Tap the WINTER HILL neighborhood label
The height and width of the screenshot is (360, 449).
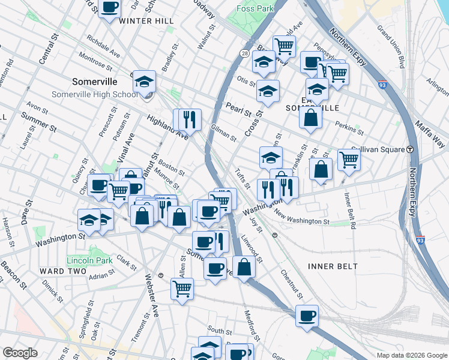click(146, 21)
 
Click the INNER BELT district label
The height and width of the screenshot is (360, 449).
click(333, 266)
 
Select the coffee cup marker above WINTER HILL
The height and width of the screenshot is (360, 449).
click(109, 8)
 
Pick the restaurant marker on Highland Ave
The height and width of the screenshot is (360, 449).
click(190, 119)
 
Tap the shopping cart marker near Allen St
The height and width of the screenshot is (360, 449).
click(182, 288)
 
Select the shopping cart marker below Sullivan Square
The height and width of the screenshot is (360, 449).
click(348, 160)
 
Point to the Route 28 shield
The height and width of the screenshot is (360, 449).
click(245, 53)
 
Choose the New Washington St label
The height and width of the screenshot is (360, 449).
click(301, 217)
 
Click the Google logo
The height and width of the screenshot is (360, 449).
click(20, 353)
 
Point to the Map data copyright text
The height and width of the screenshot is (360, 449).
click(411, 355)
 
